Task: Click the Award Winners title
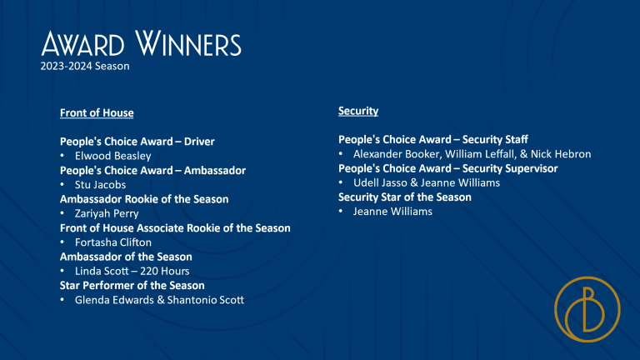(141, 43)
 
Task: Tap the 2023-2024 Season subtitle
(85, 66)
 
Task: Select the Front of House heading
(97, 113)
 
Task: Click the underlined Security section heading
(358, 111)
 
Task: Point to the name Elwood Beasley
(113, 156)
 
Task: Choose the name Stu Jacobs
(100, 185)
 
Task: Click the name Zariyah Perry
(107, 213)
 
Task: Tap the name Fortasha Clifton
(113, 242)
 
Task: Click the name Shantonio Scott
(206, 300)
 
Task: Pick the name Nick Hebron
(561, 154)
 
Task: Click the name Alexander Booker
(397, 154)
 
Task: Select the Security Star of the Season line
(405, 197)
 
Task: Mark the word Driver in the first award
(199, 142)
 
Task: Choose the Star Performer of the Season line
(132, 285)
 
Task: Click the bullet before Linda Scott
(62, 271)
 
